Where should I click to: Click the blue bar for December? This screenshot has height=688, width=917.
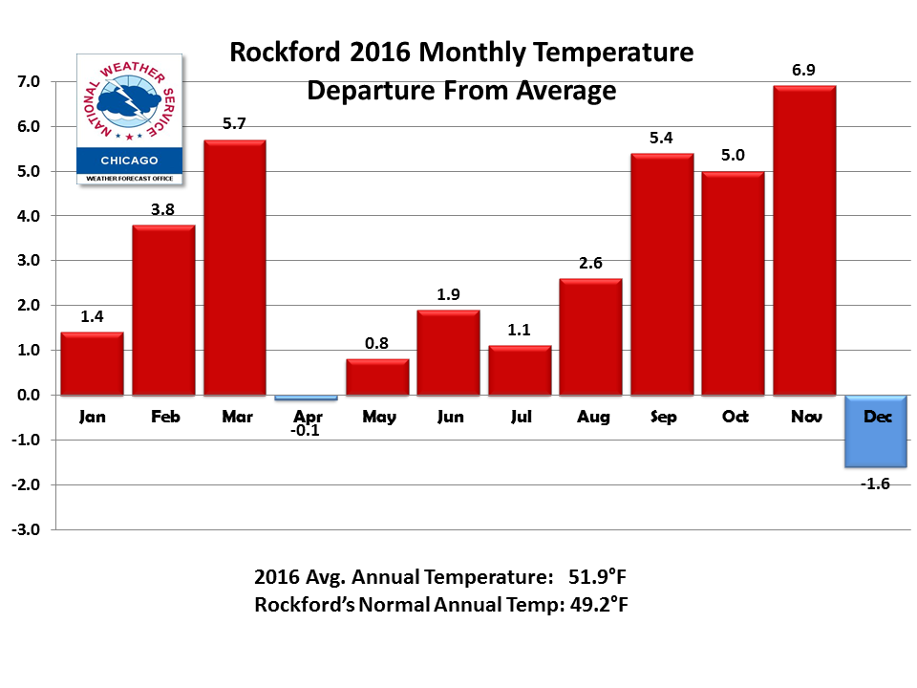876,431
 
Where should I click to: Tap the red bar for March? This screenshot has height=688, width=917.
234,268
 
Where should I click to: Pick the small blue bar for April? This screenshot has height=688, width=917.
306,397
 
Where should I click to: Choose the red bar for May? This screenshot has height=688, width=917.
377,376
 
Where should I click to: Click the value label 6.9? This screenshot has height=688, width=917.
804,70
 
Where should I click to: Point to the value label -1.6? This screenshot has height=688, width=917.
875,484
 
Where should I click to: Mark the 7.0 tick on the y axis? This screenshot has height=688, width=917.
27,82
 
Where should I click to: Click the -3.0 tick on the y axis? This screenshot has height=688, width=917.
25,529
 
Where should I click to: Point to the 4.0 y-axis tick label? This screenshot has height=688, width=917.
27,216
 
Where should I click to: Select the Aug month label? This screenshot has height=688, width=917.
590,417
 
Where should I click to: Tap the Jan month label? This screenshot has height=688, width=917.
92,417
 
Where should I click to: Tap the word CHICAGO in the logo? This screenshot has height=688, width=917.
129,161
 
